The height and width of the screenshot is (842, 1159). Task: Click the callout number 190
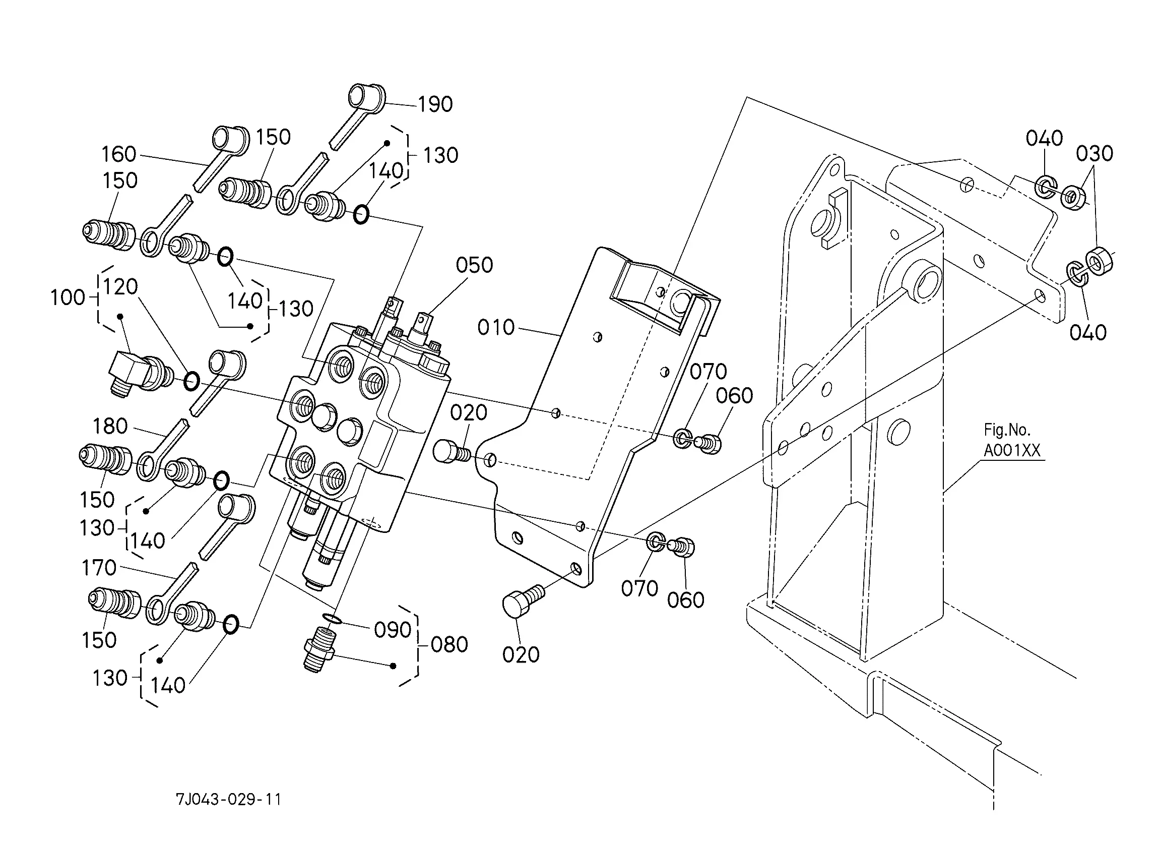435,104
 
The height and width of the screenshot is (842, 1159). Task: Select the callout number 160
118,154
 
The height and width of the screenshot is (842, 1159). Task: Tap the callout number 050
474,265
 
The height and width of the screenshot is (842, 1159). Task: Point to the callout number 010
496,327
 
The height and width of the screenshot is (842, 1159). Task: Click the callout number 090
393,630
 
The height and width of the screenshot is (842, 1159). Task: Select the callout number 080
449,645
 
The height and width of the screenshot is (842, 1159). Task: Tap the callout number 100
68,297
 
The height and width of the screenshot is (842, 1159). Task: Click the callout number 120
120,287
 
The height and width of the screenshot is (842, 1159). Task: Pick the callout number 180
110,426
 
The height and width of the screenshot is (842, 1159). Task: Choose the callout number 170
99,568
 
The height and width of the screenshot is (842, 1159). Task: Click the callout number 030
1094,153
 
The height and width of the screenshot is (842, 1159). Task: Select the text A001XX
1012,450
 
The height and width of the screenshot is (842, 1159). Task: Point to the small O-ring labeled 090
333,620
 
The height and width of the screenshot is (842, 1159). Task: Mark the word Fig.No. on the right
1007,430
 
